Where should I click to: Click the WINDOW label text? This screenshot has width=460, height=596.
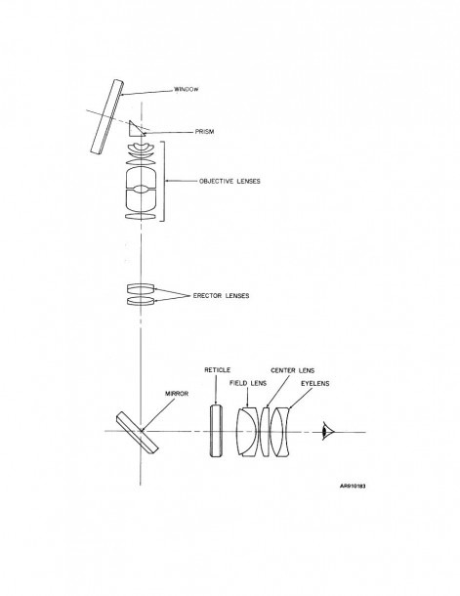pyautogui.click(x=187, y=89)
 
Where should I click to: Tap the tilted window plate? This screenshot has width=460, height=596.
pyautogui.click(x=107, y=116)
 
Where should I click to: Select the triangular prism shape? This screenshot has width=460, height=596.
pyautogui.click(x=135, y=129)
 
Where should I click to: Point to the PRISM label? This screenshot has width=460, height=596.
pyautogui.click(x=204, y=132)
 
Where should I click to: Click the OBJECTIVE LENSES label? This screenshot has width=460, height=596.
pyautogui.click(x=230, y=182)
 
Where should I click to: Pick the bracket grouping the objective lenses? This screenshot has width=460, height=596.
pyautogui.click(x=165, y=182)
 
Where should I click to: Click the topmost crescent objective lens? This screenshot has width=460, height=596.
pyautogui.click(x=141, y=148)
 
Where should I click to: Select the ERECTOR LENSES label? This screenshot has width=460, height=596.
pyautogui.click(x=221, y=296)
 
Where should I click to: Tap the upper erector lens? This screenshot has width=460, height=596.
pyautogui.click(x=141, y=288)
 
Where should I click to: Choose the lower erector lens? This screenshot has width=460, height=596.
pyautogui.click(x=141, y=301)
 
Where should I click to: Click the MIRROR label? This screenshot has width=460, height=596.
pyautogui.click(x=177, y=394)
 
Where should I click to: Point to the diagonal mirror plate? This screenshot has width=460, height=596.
pyautogui.click(x=138, y=433)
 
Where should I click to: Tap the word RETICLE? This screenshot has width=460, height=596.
pyautogui.click(x=217, y=370)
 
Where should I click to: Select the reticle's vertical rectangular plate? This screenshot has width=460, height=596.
pyautogui.click(x=216, y=431)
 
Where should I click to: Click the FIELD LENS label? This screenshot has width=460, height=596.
pyautogui.click(x=248, y=383)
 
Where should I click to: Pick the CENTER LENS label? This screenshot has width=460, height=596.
pyautogui.click(x=292, y=370)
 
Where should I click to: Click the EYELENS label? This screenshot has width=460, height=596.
pyautogui.click(x=314, y=384)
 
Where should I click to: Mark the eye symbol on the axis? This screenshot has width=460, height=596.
pyautogui.click(x=327, y=432)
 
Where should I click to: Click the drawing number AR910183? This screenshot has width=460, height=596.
pyautogui.click(x=353, y=486)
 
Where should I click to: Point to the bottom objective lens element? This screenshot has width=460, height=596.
pyautogui.click(x=141, y=216)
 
